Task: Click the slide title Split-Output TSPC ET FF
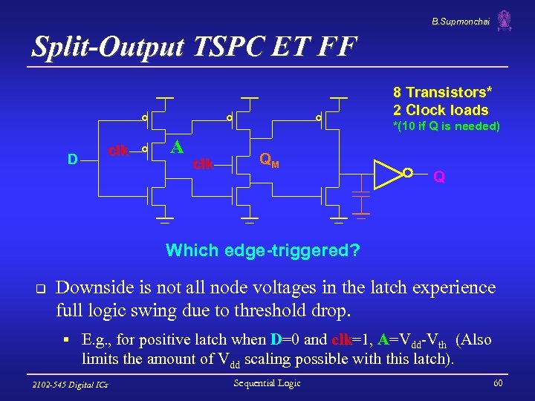pos(195,47)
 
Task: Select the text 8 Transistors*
pos(442,93)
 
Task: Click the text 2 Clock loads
pos(441,110)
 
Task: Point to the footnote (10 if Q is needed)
pos(446,126)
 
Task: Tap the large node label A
pos(177,146)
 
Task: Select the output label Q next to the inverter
pos(439,177)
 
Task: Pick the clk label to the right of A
pos(203,163)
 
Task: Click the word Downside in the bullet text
pos(92,287)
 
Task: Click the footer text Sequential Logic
pos(267,383)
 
